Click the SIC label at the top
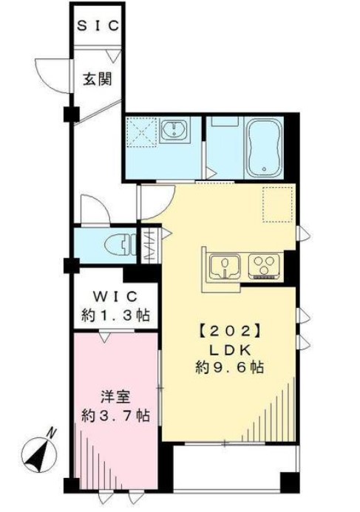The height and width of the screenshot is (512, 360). point(98,26)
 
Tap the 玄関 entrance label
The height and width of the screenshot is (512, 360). point(98,79)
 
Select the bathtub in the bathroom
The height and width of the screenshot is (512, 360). point(265,147)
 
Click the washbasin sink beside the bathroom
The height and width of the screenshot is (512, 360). point(174,129)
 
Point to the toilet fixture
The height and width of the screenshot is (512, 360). point(120,245)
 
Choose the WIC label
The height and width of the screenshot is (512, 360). point(115,297)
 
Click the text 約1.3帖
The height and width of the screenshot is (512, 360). point(115,315)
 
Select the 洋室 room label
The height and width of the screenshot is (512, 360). point(115,397)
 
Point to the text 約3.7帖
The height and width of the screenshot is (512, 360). point(115,416)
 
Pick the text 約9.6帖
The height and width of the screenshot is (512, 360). point(230,368)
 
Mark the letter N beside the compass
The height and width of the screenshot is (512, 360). point(50,433)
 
